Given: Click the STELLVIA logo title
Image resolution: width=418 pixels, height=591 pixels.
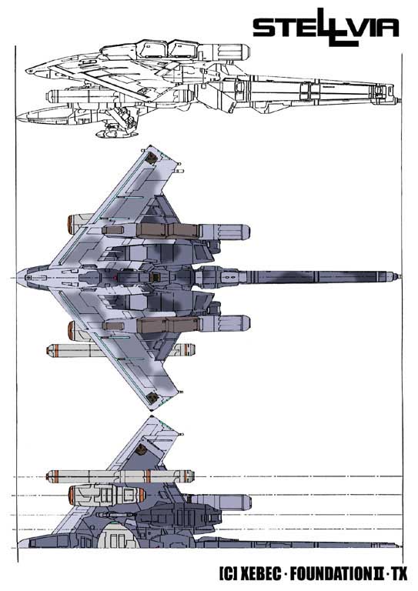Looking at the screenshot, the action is point(326,28).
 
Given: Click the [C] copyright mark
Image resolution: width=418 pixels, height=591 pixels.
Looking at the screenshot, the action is point(227,574).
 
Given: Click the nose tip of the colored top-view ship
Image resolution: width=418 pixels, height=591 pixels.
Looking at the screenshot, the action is point(17,277).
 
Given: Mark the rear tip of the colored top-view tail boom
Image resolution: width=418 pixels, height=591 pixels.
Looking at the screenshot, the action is point(400,277).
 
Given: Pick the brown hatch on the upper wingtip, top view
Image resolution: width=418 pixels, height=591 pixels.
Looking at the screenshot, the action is point(152,158).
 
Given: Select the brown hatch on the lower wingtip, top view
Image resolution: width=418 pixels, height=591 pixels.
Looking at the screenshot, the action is point(152,397).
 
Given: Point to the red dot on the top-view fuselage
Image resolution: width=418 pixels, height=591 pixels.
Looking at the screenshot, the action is point(115,278).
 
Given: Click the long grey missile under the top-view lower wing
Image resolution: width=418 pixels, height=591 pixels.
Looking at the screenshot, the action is point(121,350).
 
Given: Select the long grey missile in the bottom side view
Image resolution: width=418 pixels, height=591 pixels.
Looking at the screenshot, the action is point(120,476).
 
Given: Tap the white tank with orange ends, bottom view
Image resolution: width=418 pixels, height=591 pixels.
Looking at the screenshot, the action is point(107,494).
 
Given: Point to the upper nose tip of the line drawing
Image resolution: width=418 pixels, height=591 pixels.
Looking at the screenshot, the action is point(26,71).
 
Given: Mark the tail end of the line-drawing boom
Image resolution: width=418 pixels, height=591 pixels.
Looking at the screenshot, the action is point(400,101).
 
